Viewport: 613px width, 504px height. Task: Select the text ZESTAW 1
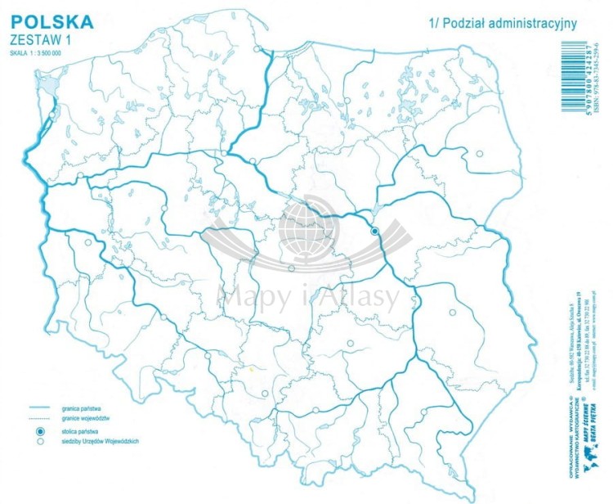click(38, 38)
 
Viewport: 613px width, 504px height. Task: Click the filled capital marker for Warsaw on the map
click(375, 232)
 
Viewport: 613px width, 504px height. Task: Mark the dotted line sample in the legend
click(38, 418)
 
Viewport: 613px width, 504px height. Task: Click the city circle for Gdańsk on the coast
click(258, 49)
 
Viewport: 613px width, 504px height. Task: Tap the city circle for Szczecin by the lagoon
click(52, 116)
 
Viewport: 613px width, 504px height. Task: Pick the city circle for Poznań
click(163, 209)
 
